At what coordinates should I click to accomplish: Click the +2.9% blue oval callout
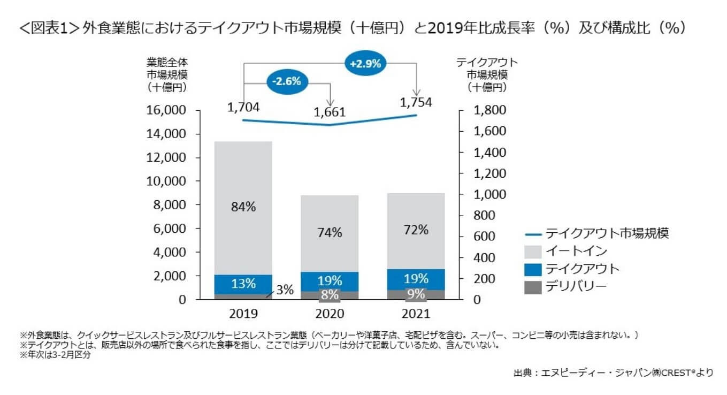coord(365,63)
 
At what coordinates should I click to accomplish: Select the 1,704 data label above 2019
coord(243,107)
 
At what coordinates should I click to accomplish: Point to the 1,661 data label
coord(330,112)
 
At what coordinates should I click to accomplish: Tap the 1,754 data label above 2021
coord(416,102)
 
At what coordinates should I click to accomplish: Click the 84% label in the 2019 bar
coord(243,207)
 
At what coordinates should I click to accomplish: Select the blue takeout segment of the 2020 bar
coord(330,280)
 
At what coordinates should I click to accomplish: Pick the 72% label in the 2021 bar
coord(416,230)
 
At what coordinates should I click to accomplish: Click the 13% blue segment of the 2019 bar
coord(243,283)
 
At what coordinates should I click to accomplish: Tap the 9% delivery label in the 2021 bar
coord(416,294)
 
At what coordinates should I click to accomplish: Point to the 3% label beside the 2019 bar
coord(285,290)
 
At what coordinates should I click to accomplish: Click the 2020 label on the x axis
coord(330,314)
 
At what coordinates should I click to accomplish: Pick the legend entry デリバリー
coord(576,286)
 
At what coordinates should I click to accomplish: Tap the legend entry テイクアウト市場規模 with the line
coord(606,233)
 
